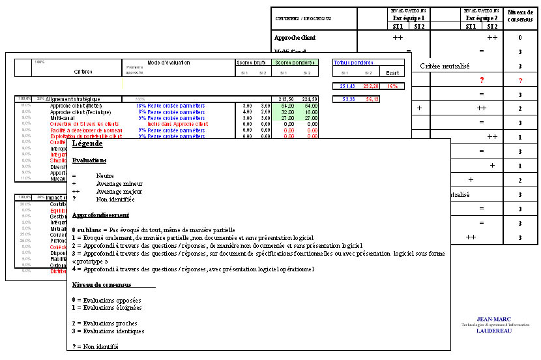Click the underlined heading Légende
(87, 143)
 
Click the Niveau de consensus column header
(519, 16)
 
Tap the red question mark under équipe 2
(481, 80)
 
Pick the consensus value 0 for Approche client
(519, 38)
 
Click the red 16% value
(392, 85)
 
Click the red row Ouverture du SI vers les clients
(84, 123)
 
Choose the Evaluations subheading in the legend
(89, 160)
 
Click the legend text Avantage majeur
(119, 192)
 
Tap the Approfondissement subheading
(100, 215)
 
